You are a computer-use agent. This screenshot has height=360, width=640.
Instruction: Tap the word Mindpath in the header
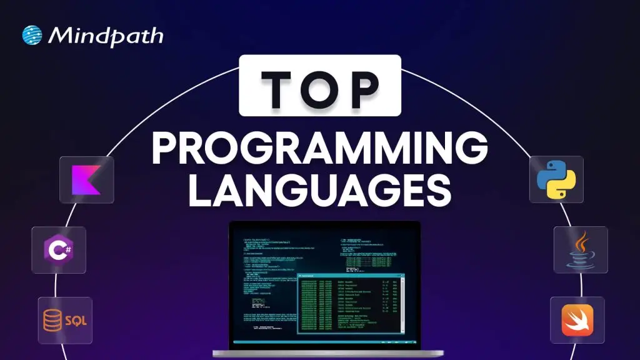[x=105, y=36]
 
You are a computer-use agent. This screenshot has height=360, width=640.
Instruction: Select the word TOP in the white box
[x=319, y=85]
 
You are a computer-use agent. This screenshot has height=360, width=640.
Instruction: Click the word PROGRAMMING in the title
[x=319, y=151]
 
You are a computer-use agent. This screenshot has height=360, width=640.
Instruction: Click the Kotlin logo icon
[x=86, y=179]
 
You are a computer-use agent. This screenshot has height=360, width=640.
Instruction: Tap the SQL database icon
[x=65, y=321]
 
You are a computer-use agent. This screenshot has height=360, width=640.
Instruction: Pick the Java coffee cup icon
[x=580, y=249]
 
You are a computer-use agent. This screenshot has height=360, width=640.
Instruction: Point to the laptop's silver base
[x=319, y=351]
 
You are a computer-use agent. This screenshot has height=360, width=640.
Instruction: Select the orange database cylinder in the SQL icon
[x=52, y=321]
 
